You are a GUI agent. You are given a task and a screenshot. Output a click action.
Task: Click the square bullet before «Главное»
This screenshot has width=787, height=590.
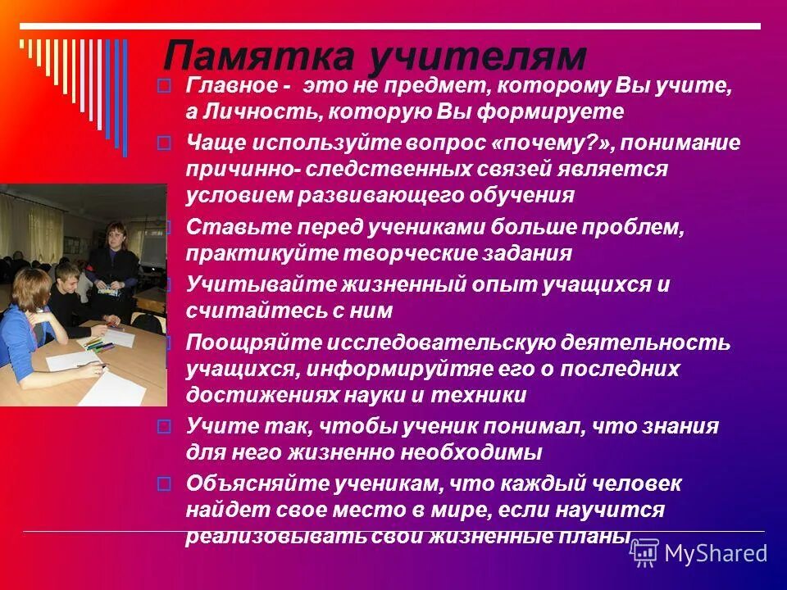click(164, 85)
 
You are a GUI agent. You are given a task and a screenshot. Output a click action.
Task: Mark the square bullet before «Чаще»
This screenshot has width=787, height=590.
click(164, 143)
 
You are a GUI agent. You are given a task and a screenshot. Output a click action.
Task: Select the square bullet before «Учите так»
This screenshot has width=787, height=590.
click(164, 426)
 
